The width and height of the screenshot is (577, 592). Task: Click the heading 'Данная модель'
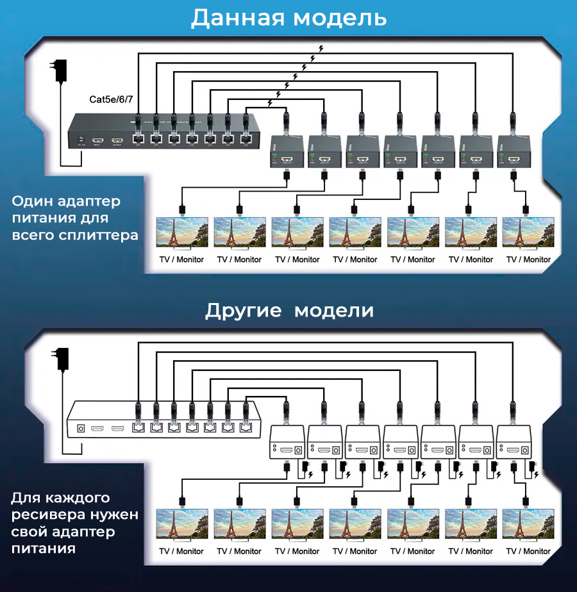pos(288,18)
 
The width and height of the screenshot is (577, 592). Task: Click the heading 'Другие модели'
pos(289,311)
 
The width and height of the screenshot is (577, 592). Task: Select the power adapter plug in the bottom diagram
pos(62,359)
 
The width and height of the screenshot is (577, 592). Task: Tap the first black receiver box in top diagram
pos(286,151)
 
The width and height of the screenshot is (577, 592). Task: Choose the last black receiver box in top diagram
pos(512,151)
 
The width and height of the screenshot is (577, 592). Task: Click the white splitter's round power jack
pos(81,428)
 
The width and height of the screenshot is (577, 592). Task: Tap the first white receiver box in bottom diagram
pos(286,442)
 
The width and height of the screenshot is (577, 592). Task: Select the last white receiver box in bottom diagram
pos(513,442)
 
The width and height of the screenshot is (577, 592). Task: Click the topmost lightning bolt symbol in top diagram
pos(321,48)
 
